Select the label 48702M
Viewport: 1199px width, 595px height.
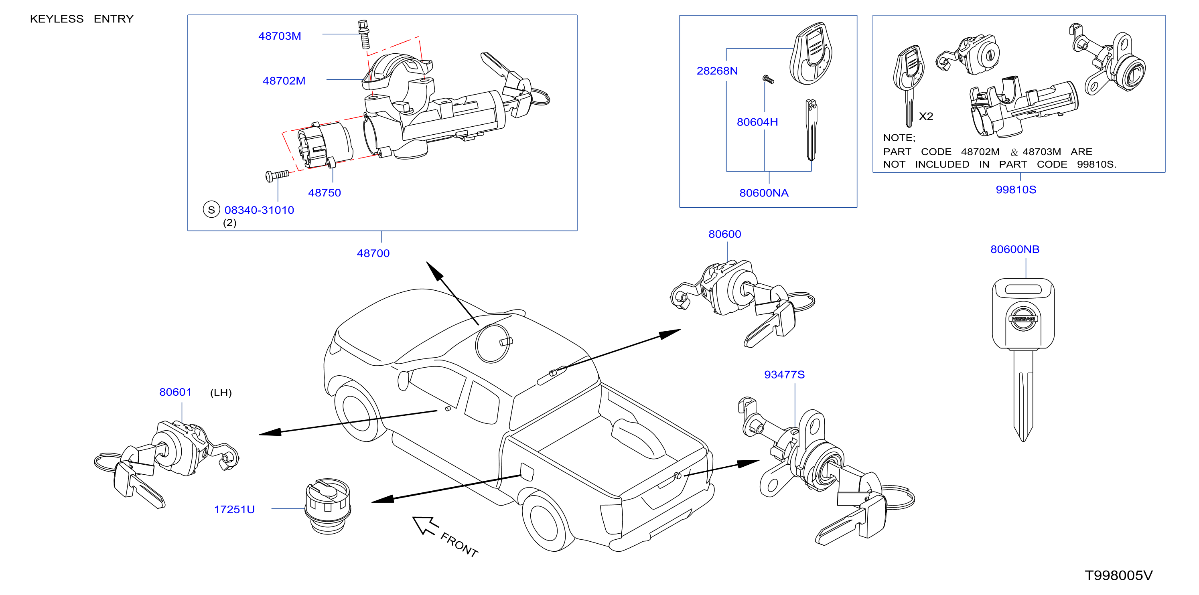coord(284,81)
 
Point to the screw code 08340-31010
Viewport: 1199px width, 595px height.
coord(259,210)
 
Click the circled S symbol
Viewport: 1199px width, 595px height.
coord(211,209)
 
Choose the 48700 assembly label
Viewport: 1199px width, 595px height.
coord(373,253)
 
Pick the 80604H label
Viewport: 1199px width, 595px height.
coord(757,122)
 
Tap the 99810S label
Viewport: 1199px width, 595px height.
coord(1016,189)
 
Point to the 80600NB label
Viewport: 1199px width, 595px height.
coord(1015,249)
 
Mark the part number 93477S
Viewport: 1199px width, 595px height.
coord(784,374)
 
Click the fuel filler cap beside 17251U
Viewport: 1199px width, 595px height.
coord(328,506)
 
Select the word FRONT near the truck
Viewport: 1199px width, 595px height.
coord(459,545)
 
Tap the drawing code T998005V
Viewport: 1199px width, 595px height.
coord(1119,575)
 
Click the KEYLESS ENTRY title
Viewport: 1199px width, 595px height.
coord(82,19)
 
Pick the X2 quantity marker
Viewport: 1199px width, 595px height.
coord(926,116)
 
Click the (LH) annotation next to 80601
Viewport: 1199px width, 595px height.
coord(221,393)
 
